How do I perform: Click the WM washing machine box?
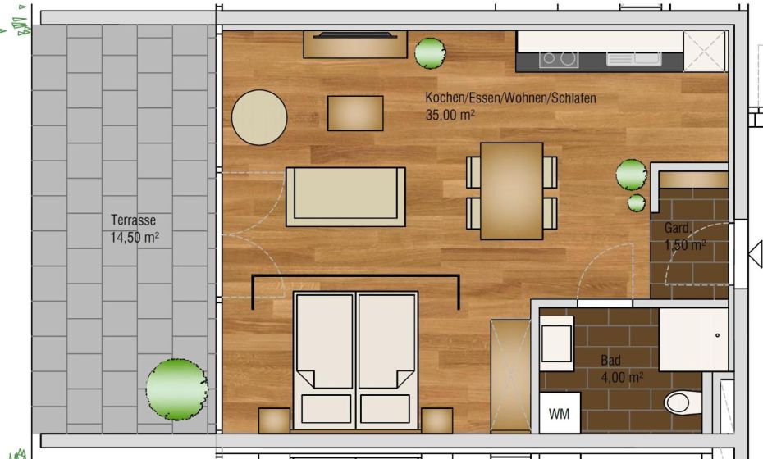click(x=560, y=414)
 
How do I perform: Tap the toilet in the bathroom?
click(x=678, y=402)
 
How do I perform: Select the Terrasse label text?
click(x=133, y=220)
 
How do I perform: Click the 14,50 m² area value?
click(x=134, y=238)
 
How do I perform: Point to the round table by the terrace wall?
click(x=259, y=117)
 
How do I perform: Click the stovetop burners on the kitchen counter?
click(x=559, y=59)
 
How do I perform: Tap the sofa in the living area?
click(x=345, y=197)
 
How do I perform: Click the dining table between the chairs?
click(x=512, y=190)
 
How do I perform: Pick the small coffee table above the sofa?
click(x=355, y=113)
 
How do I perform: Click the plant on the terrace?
click(x=176, y=389)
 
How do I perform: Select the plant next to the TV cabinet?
click(x=430, y=52)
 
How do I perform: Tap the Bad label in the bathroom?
click(x=610, y=361)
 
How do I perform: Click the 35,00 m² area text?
click(x=450, y=116)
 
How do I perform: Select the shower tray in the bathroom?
click(x=693, y=339)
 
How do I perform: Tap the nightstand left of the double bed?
click(x=274, y=420)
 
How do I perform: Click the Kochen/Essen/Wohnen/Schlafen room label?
click(x=510, y=98)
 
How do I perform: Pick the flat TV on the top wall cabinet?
click(x=354, y=35)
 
